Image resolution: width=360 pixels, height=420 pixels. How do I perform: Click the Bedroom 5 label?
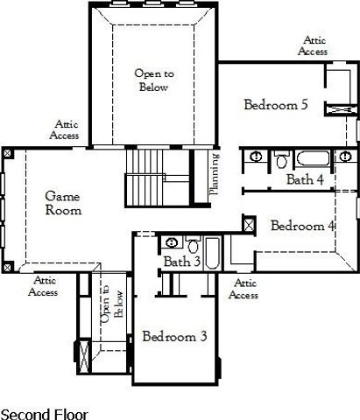(x=275, y=105)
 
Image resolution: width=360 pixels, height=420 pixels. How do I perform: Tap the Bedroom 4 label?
(x=303, y=226)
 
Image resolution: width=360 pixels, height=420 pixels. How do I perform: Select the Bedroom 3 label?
(x=174, y=336)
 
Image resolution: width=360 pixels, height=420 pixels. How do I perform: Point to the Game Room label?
(x=63, y=204)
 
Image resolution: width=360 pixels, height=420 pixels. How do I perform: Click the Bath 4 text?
(x=306, y=179)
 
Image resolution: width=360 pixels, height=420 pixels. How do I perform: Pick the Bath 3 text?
(x=182, y=262)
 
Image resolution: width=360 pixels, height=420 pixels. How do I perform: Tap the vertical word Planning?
(x=215, y=174)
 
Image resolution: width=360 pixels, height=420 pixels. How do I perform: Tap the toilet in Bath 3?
(x=192, y=244)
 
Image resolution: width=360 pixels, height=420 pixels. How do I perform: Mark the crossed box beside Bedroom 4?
(x=249, y=225)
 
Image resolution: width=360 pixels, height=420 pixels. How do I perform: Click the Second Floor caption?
(x=44, y=413)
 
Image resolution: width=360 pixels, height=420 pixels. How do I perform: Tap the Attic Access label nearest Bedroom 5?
(x=313, y=46)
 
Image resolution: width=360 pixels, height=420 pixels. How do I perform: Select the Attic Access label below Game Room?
(x=43, y=286)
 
